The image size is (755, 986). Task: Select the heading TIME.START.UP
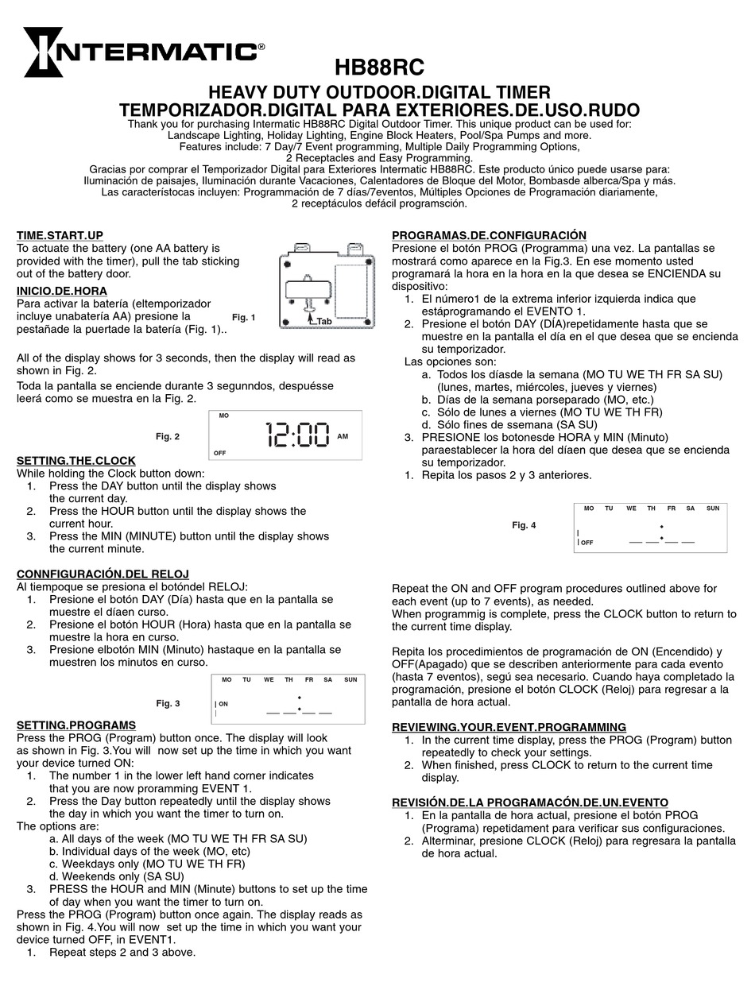[60, 235]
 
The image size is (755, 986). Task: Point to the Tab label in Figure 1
[324, 322]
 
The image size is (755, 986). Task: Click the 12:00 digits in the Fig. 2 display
[298, 435]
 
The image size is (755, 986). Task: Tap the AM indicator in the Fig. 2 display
[343, 436]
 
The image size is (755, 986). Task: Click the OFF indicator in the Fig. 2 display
[219, 453]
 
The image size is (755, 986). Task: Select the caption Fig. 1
[244, 318]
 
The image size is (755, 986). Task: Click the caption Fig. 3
[168, 703]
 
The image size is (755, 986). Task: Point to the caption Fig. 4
[524, 525]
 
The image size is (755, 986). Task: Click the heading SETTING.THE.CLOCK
[76, 461]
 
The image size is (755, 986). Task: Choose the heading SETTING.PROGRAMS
[76, 725]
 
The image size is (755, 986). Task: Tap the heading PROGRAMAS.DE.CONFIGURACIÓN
[490, 235]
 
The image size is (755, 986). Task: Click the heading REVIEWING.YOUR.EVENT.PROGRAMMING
[509, 727]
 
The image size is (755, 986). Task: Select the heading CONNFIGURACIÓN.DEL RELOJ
[103, 574]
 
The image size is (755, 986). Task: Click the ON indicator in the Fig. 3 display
[223, 704]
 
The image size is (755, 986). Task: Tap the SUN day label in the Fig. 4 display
[713, 508]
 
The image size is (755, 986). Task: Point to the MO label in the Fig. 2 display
[223, 416]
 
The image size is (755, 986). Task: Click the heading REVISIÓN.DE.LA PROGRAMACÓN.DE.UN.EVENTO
[530, 802]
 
